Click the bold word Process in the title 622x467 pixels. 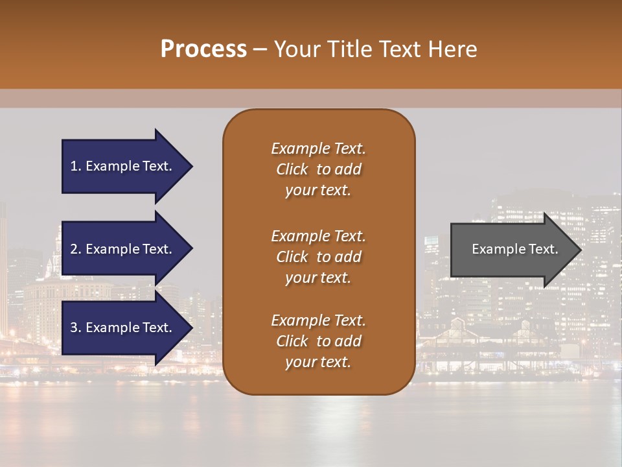(x=203, y=49)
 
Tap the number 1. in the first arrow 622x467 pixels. (x=76, y=167)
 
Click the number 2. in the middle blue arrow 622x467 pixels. (x=76, y=249)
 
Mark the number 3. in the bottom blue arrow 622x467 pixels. (x=76, y=328)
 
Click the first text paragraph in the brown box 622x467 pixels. (x=318, y=169)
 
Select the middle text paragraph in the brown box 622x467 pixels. (x=318, y=257)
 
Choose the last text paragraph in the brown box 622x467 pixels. (x=318, y=341)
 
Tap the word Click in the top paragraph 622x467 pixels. (x=292, y=169)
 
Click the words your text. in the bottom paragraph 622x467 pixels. (x=318, y=363)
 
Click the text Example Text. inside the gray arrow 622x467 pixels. (x=514, y=249)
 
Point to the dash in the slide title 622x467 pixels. (x=260, y=49)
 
